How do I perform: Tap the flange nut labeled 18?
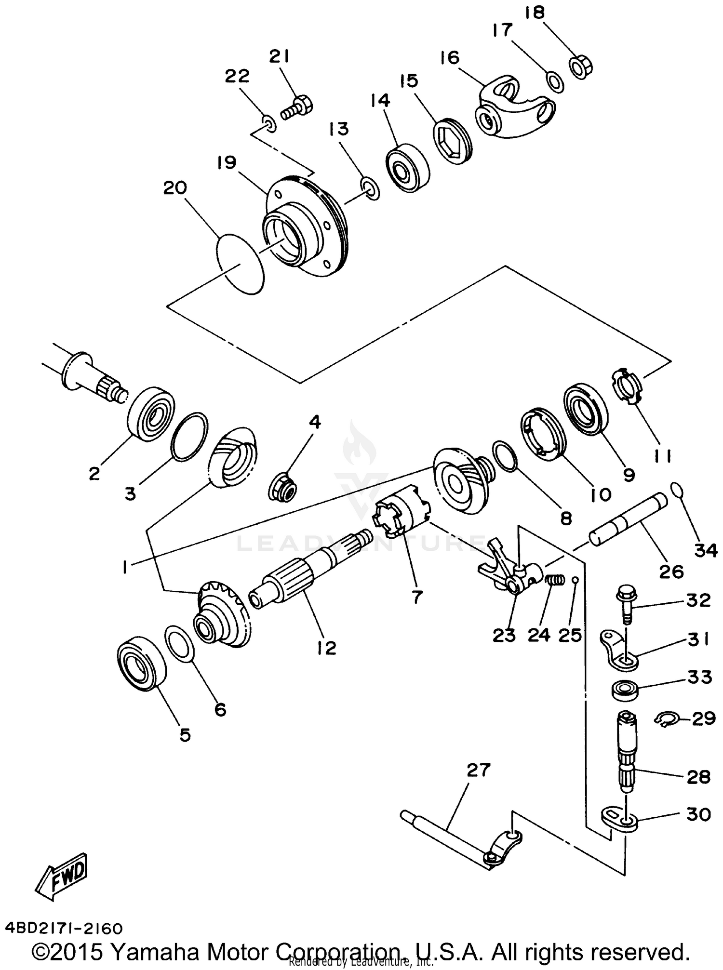[580, 67]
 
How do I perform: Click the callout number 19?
[227, 162]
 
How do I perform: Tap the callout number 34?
[706, 550]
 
